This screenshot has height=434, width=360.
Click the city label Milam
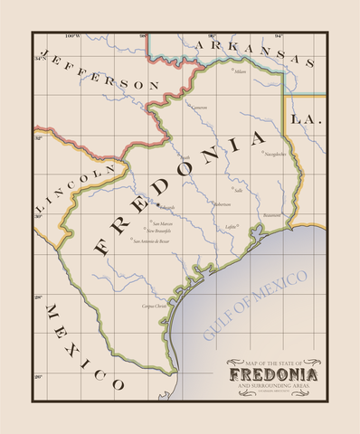[x=240, y=71]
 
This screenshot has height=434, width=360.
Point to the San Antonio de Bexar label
[x=150, y=241]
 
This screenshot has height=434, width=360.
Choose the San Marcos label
[x=160, y=223]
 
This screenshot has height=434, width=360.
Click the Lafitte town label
[x=231, y=226]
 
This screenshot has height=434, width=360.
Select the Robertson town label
[x=221, y=204]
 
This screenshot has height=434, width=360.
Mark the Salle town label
[x=238, y=191]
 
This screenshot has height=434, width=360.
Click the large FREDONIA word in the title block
[x=272, y=374]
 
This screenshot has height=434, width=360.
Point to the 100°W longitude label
[x=72, y=35]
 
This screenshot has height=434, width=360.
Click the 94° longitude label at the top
[x=279, y=35]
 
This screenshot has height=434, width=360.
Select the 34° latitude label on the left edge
[x=38, y=59]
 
